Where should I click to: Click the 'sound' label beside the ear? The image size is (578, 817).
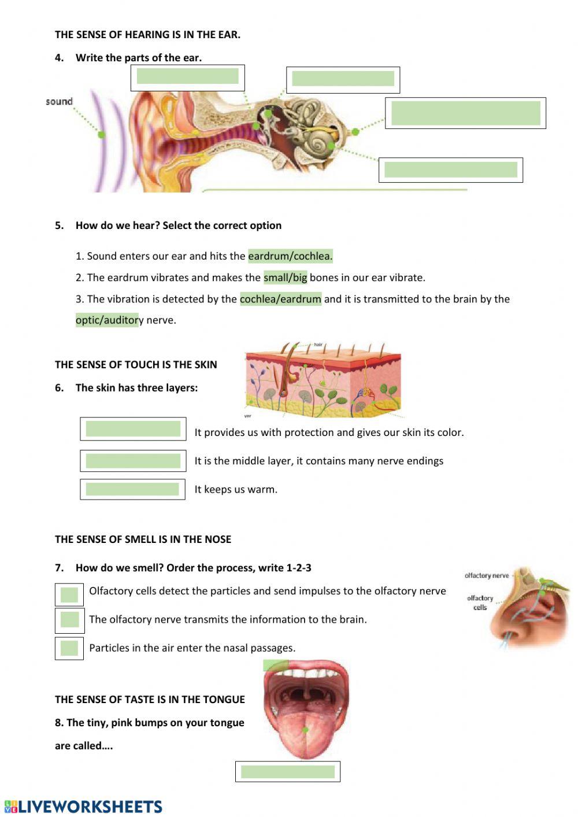coord(59,102)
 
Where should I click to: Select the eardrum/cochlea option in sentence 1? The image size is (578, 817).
coord(290,256)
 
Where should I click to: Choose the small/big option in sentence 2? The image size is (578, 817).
coord(285,278)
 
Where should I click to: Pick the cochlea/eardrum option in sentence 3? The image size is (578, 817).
coord(280,299)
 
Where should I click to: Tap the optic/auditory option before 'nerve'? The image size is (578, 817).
coord(107,320)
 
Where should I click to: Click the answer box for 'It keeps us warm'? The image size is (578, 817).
coord(132,489)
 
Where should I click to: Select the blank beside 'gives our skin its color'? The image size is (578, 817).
coord(133,429)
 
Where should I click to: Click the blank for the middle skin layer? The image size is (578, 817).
coord(133,461)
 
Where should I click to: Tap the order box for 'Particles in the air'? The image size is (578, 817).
coord(69,648)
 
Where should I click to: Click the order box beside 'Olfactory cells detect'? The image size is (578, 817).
coord(69,595)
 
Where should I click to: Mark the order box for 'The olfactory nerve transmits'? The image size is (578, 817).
coord(69,620)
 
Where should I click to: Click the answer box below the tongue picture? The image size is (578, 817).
coord(287,772)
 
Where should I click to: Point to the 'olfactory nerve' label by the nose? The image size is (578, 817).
coord(487,575)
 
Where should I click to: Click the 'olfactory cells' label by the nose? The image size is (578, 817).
coord(480,602)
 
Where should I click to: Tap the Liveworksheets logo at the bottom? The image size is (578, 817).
coord(83,807)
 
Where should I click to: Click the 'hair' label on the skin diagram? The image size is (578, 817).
coord(318,345)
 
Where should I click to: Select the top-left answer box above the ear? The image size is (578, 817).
coord(187,77)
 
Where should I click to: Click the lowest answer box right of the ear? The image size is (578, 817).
coord(450,170)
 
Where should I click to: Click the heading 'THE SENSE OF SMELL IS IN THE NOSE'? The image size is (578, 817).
coord(143,539)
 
